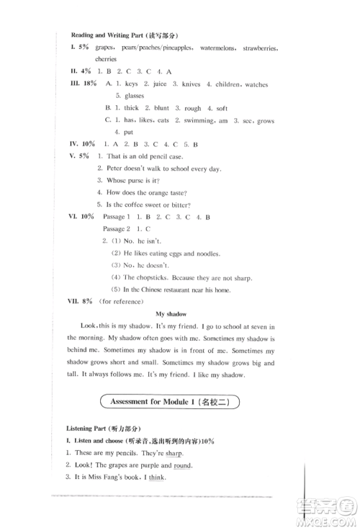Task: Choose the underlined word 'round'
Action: point(174,465)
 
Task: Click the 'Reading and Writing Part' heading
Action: point(124,35)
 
